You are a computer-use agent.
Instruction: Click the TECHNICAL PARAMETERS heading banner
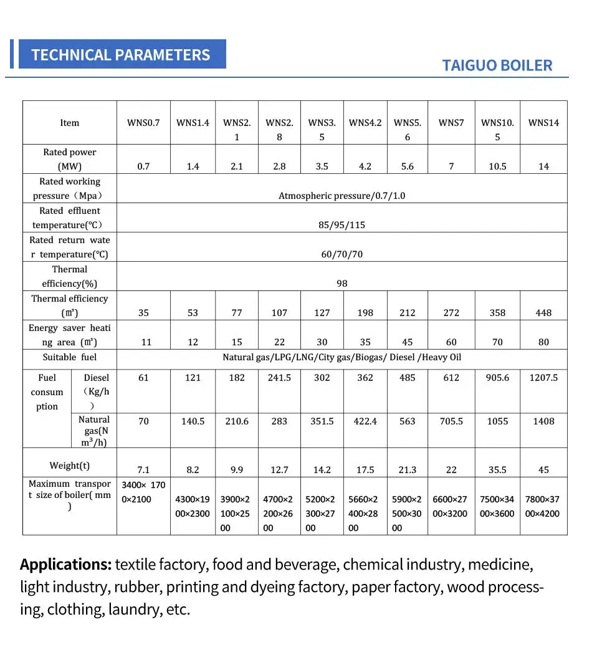click(121, 54)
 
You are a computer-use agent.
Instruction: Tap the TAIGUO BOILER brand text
click(497, 65)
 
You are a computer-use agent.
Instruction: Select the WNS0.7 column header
click(143, 123)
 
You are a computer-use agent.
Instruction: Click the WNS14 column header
click(543, 123)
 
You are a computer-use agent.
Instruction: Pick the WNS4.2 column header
click(365, 123)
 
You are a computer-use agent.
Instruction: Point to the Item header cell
click(70, 123)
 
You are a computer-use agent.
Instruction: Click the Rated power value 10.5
click(497, 166)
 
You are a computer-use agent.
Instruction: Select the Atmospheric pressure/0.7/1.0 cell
click(341, 196)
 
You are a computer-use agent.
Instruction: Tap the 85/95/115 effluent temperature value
click(341, 225)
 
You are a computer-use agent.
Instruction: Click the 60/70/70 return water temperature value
click(341, 254)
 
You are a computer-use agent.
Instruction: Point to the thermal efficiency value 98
click(341, 284)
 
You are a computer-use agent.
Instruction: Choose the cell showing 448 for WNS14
click(543, 313)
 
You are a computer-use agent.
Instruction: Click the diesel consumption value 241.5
click(279, 378)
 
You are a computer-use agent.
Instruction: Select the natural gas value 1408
click(543, 421)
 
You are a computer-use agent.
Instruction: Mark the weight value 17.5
click(365, 470)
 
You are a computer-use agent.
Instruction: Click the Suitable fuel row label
click(70, 357)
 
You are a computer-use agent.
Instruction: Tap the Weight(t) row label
click(70, 466)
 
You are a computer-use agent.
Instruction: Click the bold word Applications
click(65, 565)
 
